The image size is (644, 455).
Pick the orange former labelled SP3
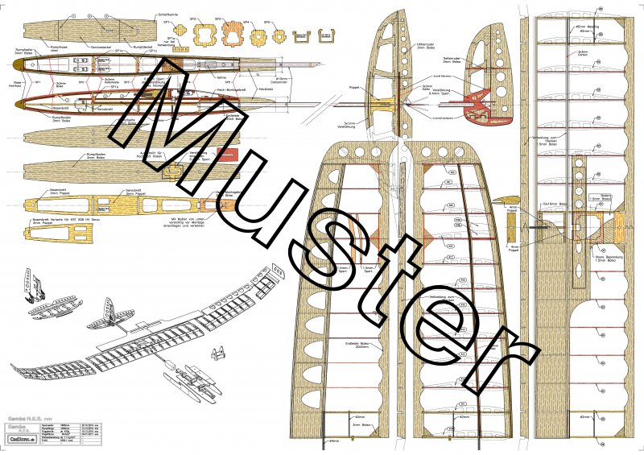[233, 37]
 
